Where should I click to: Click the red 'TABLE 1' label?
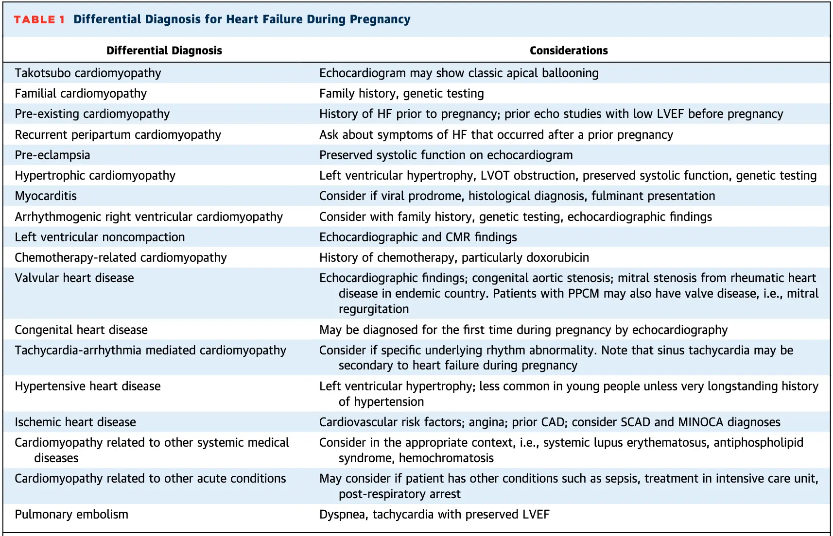click(39, 19)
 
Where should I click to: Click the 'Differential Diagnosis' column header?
click(164, 50)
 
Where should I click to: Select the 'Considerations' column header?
click(569, 50)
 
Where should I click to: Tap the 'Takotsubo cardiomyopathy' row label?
click(88, 73)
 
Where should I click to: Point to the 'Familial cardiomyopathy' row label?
click(81, 94)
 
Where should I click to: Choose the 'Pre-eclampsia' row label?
click(52, 155)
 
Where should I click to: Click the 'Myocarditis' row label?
click(46, 196)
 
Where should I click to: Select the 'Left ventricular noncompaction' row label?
click(100, 237)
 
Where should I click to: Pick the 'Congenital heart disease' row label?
click(81, 330)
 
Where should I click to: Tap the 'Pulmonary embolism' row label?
click(71, 515)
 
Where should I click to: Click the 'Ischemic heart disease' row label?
click(75, 422)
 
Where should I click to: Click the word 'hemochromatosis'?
click(446, 458)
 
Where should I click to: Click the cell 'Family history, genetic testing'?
click(401, 94)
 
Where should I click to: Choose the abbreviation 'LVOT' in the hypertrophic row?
click(495, 175)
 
